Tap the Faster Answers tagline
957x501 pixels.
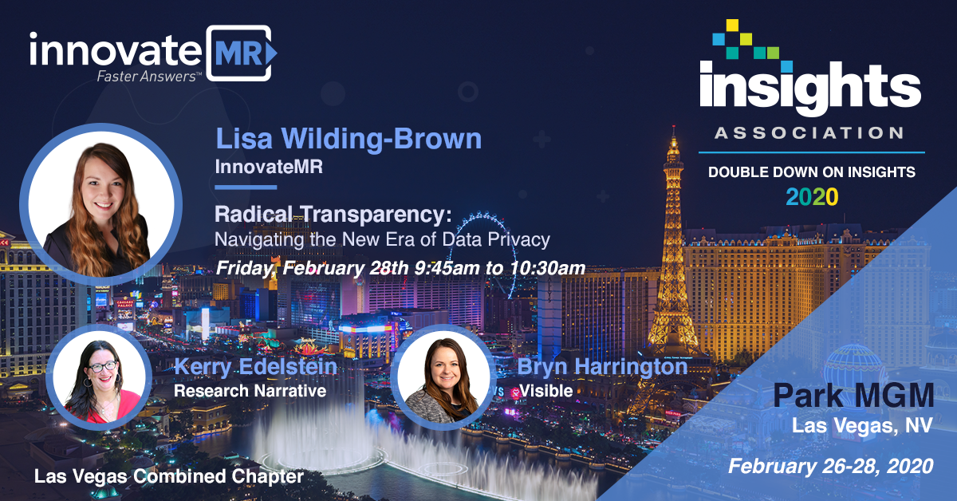(x=148, y=77)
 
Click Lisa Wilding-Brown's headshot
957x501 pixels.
(x=100, y=204)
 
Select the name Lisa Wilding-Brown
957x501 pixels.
(x=349, y=139)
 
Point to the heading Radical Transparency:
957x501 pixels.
(x=333, y=214)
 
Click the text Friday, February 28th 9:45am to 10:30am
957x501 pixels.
(x=400, y=269)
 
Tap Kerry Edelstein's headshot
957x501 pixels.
(x=99, y=377)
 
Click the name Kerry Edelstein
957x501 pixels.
(x=255, y=367)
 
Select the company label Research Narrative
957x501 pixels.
(x=250, y=391)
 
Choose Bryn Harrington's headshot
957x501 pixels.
(x=443, y=377)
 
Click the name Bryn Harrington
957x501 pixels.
(x=602, y=367)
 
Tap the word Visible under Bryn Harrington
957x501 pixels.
(x=545, y=391)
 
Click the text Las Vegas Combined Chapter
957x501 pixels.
(x=169, y=476)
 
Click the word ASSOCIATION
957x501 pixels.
(x=809, y=133)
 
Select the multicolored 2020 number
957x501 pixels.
(x=812, y=197)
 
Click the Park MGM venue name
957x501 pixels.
(x=853, y=396)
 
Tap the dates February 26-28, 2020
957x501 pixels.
(x=830, y=466)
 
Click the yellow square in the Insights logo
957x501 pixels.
(x=732, y=26)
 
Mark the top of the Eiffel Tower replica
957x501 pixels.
(x=674, y=127)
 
